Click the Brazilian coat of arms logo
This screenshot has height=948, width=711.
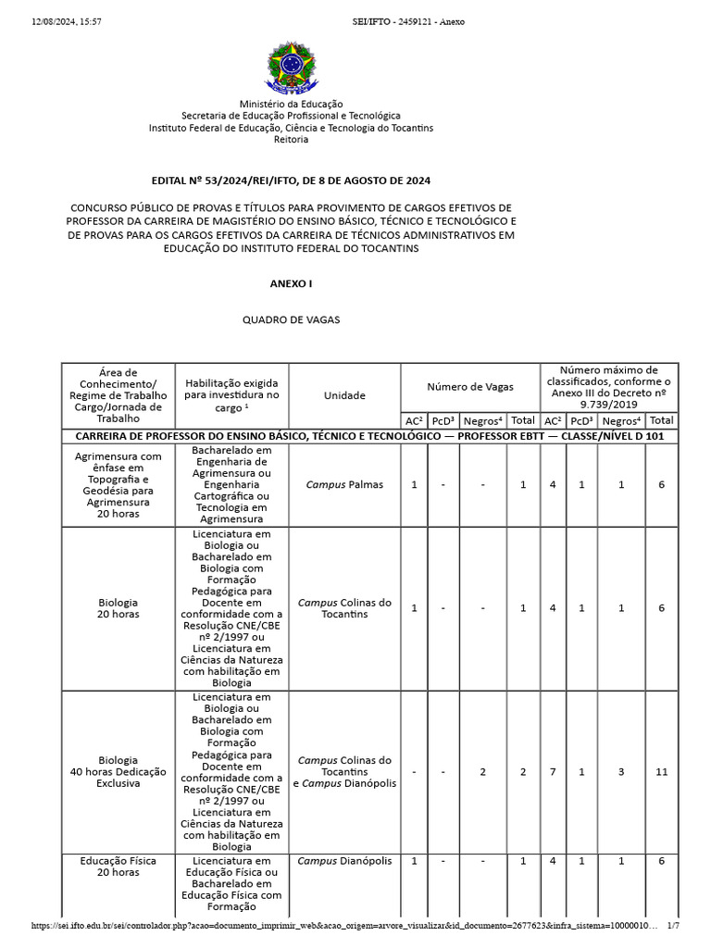(x=291, y=67)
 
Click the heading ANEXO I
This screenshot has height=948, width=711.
(x=291, y=283)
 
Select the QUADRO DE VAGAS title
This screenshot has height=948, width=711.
(x=291, y=319)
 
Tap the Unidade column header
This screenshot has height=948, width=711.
(x=344, y=395)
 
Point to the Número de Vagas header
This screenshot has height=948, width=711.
(x=469, y=387)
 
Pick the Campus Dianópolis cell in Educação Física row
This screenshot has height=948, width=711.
(x=344, y=861)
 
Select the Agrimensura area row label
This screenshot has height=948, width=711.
(x=118, y=485)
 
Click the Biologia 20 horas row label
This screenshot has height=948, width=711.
(x=118, y=608)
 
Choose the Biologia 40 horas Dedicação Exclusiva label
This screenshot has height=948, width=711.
(x=118, y=771)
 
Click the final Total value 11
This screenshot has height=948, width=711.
(x=661, y=771)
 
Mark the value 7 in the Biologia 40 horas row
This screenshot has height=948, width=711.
(x=552, y=771)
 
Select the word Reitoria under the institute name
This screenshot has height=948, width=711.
(x=291, y=140)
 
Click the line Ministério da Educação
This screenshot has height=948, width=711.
(x=291, y=105)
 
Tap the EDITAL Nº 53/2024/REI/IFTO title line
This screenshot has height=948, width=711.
(x=291, y=181)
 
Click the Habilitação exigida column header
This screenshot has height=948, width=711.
(x=231, y=395)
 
